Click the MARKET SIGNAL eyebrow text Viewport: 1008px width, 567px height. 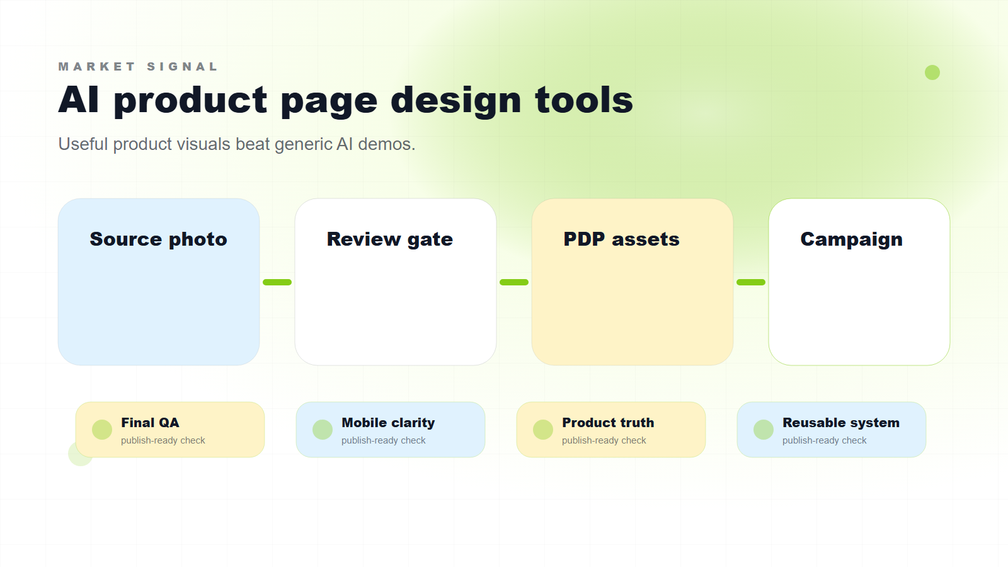click(x=138, y=67)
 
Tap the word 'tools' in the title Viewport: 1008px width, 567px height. click(x=583, y=101)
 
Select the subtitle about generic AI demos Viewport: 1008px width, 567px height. click(x=236, y=144)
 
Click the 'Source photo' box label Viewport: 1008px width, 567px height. click(x=158, y=239)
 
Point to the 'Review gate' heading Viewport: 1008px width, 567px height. click(x=389, y=239)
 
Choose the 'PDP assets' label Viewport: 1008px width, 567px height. click(x=621, y=239)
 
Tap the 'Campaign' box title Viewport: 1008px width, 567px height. click(x=851, y=239)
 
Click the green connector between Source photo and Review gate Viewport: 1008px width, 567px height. click(x=277, y=282)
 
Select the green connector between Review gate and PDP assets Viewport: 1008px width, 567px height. click(x=514, y=282)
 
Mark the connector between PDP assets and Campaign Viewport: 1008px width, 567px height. click(x=751, y=282)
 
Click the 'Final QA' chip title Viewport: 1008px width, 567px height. click(x=150, y=423)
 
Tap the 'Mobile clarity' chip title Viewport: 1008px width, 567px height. click(x=388, y=423)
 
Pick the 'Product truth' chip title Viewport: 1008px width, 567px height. click(x=608, y=423)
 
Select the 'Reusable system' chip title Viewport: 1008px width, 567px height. click(x=840, y=423)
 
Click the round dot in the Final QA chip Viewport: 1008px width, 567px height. click(x=102, y=430)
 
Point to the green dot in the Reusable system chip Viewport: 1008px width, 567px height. click(x=764, y=430)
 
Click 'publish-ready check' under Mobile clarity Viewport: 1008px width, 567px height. click(x=383, y=440)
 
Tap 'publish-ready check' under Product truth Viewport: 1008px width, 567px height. click(x=604, y=440)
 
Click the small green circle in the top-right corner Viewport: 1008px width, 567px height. click(x=932, y=72)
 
